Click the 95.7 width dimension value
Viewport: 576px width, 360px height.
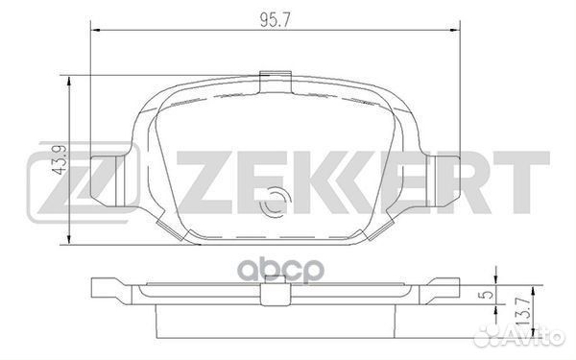tap(276, 20)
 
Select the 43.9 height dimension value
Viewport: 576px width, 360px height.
tap(60, 159)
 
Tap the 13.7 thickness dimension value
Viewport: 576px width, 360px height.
tap(523, 311)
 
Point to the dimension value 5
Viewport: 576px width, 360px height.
tap(487, 295)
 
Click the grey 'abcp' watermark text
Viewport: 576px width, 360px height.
tap(280, 271)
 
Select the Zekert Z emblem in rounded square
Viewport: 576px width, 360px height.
tap(84, 183)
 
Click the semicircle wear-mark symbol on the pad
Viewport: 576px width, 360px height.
tap(275, 201)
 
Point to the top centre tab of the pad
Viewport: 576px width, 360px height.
tap(276, 82)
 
